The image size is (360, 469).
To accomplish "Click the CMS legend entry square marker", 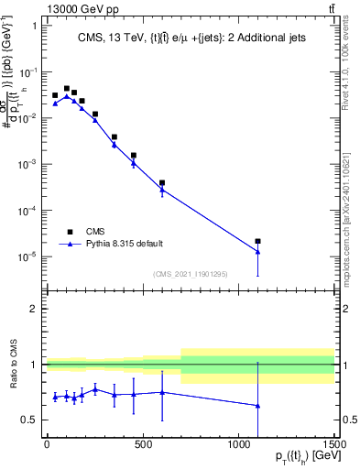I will point(69,232).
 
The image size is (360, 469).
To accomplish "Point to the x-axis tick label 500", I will point(142,446).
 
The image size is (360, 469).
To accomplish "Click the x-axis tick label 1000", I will point(238,446).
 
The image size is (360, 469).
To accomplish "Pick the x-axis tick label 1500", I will point(334,446).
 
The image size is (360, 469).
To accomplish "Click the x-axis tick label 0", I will point(46,446).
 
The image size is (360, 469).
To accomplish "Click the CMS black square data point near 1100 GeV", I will point(258,242).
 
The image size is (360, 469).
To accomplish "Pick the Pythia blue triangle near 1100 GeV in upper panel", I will point(258,252).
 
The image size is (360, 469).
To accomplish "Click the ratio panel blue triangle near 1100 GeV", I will point(258,406).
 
